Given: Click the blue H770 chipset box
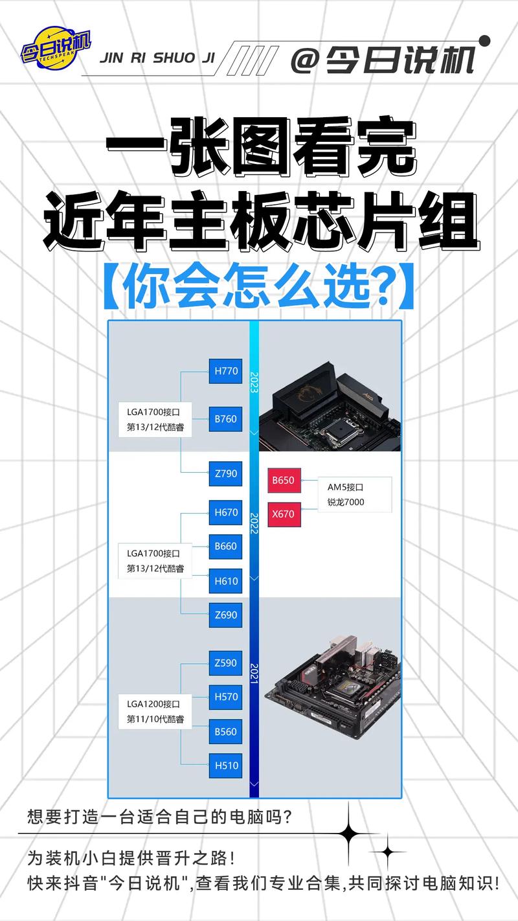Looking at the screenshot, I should pos(225,372).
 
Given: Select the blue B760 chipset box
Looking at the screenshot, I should pos(225,419).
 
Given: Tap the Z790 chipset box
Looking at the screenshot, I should pos(225,473).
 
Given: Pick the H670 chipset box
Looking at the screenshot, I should pos(225,513).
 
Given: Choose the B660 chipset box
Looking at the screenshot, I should pos(225,547).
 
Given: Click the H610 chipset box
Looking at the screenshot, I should pos(225,582).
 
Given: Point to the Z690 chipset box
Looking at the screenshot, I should pos(225,615).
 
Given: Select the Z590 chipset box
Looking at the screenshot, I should pos(225,663).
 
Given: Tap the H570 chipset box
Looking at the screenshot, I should pos(225,698).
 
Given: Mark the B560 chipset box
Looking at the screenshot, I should pos(225,732).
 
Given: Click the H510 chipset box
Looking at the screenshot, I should pos(225,766).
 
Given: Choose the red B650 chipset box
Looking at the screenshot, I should pos(283,481).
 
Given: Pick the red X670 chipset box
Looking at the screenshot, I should pos(283,515).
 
